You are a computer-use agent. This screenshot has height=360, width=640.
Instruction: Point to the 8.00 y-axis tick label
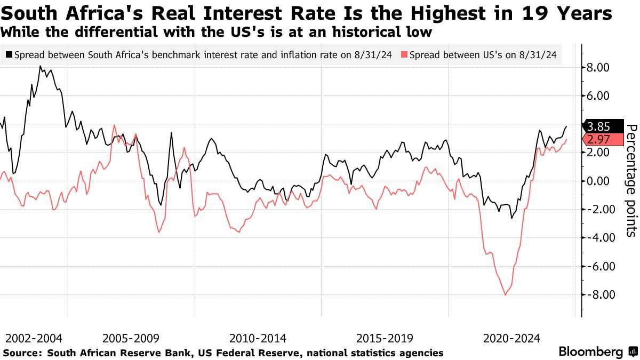[597, 68]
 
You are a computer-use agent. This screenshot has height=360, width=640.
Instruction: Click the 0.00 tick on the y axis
[597, 181]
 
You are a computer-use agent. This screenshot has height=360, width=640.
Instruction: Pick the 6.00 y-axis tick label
[597, 96]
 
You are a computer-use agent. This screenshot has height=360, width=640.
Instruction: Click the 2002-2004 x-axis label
[34, 338]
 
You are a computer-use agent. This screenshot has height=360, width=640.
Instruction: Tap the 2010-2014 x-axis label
[258, 338]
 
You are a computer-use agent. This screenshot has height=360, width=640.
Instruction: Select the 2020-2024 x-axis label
[511, 338]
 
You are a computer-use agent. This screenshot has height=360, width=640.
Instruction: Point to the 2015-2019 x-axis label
[384, 338]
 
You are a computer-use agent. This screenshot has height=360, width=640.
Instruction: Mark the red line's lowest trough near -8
[505, 295]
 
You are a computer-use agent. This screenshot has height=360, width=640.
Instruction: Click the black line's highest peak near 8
[40, 66]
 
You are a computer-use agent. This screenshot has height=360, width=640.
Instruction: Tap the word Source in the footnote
[22, 353]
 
